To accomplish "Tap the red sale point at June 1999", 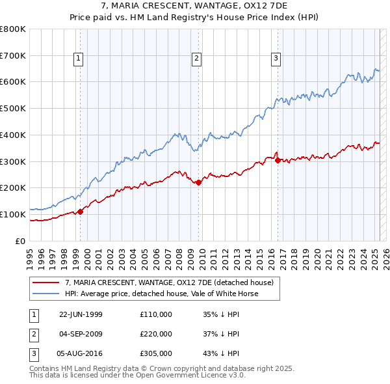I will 81,212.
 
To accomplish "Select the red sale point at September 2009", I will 199,182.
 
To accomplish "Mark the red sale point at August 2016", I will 278,159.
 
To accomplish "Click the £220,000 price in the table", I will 156,334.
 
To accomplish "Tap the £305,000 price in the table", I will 156,354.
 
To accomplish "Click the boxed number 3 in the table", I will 33,354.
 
